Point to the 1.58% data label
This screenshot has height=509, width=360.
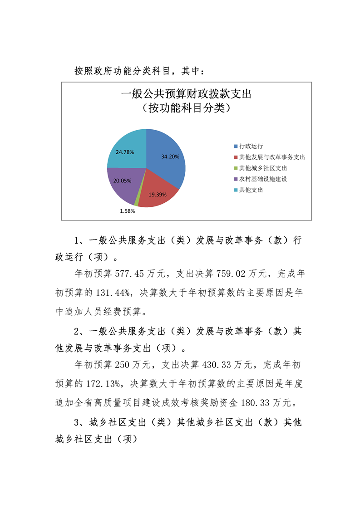tap(127, 211)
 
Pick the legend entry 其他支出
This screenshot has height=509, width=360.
tap(251, 190)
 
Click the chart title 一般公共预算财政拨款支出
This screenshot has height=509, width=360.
tap(186, 95)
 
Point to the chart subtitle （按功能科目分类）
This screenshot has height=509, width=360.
tap(186, 108)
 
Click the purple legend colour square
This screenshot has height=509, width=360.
tap(236, 179)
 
